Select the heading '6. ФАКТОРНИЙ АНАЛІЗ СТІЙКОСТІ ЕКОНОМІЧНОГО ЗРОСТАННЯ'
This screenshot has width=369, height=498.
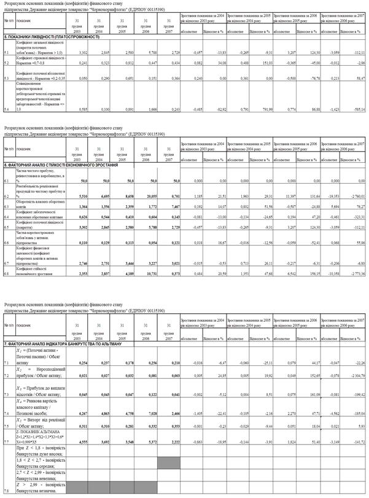pyautogui.click(x=64, y=166)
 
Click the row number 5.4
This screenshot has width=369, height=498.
pyautogui.click(x=6, y=109)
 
